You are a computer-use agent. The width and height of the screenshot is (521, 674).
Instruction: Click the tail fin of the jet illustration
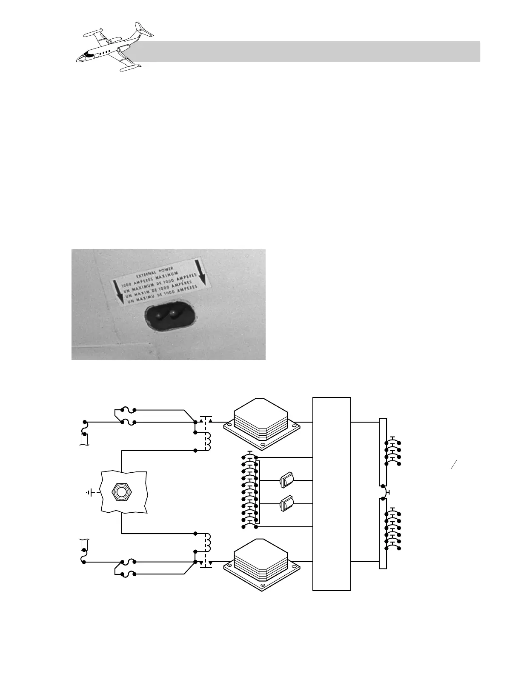(140, 29)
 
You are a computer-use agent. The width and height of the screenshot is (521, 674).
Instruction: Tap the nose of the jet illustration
(79, 59)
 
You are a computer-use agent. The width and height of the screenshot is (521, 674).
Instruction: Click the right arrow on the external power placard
(201, 272)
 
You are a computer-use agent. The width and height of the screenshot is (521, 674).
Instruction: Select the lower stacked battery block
(261, 562)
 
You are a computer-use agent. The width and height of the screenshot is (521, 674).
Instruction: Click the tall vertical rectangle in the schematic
(332, 494)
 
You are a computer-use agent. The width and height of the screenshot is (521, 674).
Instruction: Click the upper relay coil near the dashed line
(208, 440)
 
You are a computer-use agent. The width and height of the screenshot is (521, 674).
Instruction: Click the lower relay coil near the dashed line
(208, 542)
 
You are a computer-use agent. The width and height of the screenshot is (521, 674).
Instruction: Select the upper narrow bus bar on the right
(383, 451)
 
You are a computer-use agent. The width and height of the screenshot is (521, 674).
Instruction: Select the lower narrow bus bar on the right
(383, 534)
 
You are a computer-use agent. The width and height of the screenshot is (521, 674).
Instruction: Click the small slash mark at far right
(453, 465)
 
